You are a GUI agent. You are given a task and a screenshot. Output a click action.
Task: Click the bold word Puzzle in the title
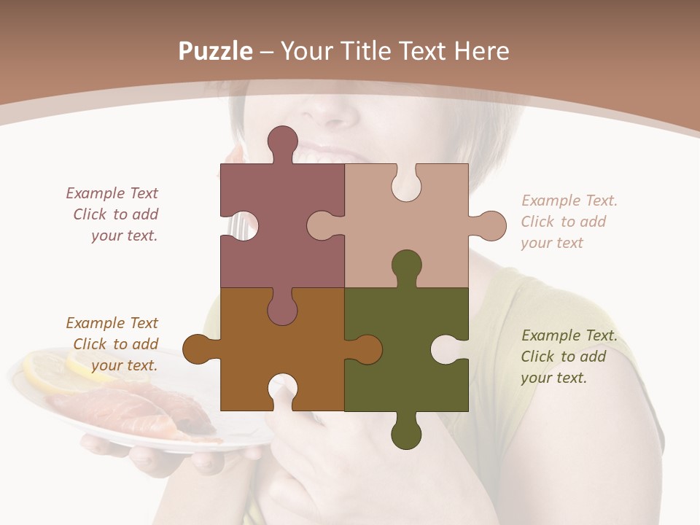coord(216,51)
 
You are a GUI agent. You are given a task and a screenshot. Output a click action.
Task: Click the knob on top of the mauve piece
coord(282,141)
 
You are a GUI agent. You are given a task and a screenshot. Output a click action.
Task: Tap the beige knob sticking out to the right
coord(491,225)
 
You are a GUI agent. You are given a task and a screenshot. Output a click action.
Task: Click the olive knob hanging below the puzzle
coord(406,434)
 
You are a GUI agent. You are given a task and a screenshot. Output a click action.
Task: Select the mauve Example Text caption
coord(114,214)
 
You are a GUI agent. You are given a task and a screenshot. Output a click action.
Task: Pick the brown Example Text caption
coord(113,344)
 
